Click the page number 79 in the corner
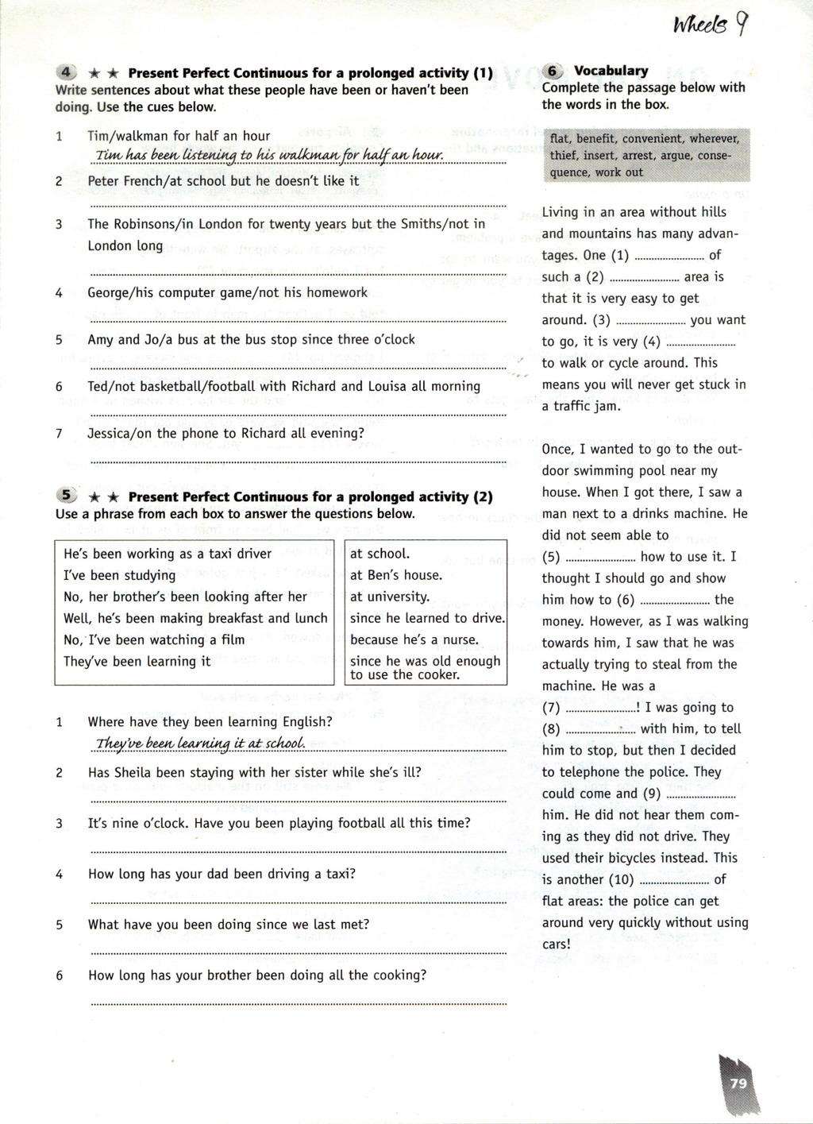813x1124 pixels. tap(738, 1083)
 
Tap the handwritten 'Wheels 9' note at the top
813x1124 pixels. tap(710, 27)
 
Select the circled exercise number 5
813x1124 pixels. tap(67, 496)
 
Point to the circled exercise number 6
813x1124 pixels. tap(553, 70)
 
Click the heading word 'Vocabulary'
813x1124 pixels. tap(611, 71)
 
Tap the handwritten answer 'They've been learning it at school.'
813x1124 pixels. tap(200, 744)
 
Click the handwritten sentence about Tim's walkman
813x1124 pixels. tap(268, 155)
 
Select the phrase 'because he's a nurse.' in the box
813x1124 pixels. tap(414, 639)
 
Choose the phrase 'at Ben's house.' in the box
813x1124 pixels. tap(395, 575)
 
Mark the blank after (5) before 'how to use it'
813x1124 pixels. tap(599, 558)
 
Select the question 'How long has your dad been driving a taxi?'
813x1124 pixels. tap(222, 874)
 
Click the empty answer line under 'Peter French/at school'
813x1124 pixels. tap(298, 204)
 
